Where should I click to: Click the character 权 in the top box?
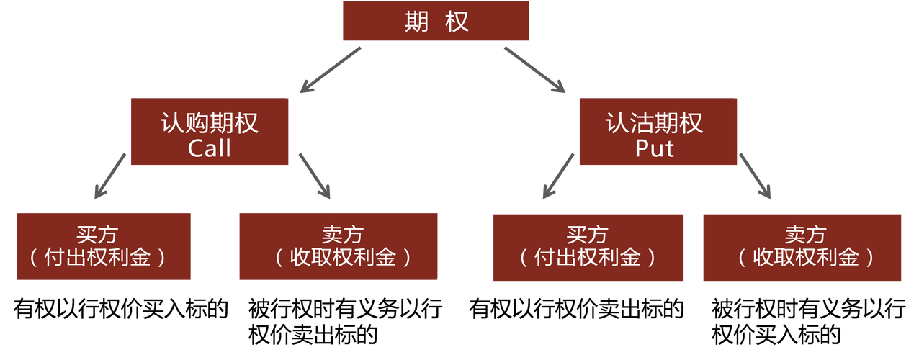pyautogui.click(x=457, y=22)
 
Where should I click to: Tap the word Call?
pyautogui.click(x=209, y=148)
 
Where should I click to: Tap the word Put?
pyautogui.click(x=654, y=148)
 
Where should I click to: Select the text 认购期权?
pyautogui.click(x=209, y=124)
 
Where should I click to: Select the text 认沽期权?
pyautogui.click(x=654, y=124)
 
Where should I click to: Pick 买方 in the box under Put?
pyautogui.click(x=587, y=235)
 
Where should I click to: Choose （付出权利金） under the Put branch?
pyautogui.click(x=587, y=258)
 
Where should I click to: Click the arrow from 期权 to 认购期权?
pyautogui.click(x=331, y=70)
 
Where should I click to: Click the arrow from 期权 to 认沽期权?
pyautogui.click(x=534, y=70)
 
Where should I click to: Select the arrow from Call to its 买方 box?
pyautogui.click(x=111, y=175)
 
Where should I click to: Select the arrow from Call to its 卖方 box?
pyautogui.click(x=314, y=175)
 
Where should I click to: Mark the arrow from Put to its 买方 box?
pyautogui.click(x=559, y=175)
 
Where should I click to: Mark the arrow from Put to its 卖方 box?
pyautogui.click(x=755, y=175)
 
